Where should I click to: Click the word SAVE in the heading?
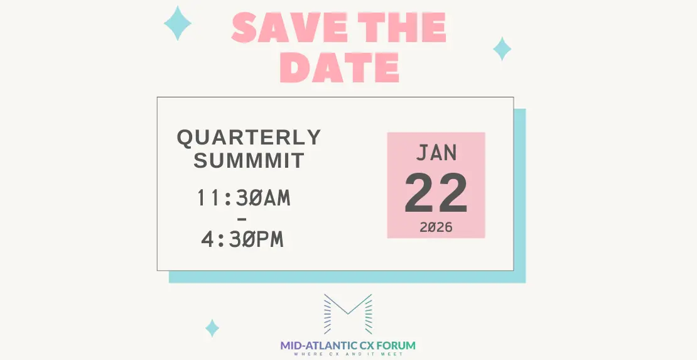click(x=289, y=28)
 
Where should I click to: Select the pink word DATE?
click(x=339, y=67)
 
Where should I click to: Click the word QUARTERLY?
click(x=249, y=138)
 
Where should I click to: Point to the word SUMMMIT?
click(x=249, y=160)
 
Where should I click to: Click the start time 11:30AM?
click(x=244, y=198)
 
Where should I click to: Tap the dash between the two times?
click(x=242, y=219)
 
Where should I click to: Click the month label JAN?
click(x=436, y=153)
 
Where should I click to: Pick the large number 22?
click(x=436, y=193)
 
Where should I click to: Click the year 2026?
click(x=436, y=227)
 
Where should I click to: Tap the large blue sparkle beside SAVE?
click(x=178, y=23)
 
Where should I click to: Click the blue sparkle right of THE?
click(x=502, y=48)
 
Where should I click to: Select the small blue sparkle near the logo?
click(x=212, y=328)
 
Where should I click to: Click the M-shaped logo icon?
click(x=348, y=314)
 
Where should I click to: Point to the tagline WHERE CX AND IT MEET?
click(x=348, y=354)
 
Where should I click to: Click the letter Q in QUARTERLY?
click(x=185, y=138)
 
